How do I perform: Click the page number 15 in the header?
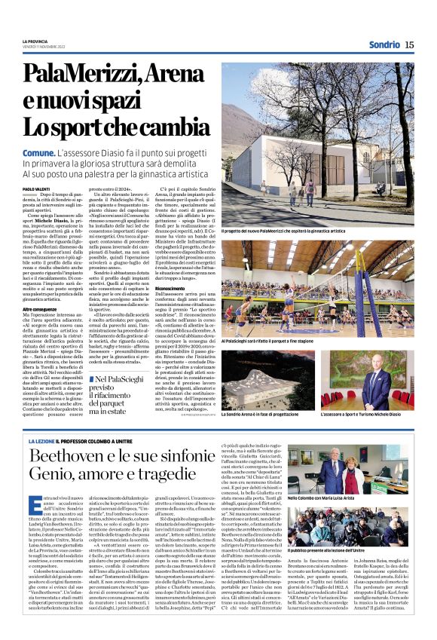click(x=409, y=44)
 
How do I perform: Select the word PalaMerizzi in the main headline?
click(x=73, y=75)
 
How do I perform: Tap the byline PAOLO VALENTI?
click(x=38, y=188)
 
